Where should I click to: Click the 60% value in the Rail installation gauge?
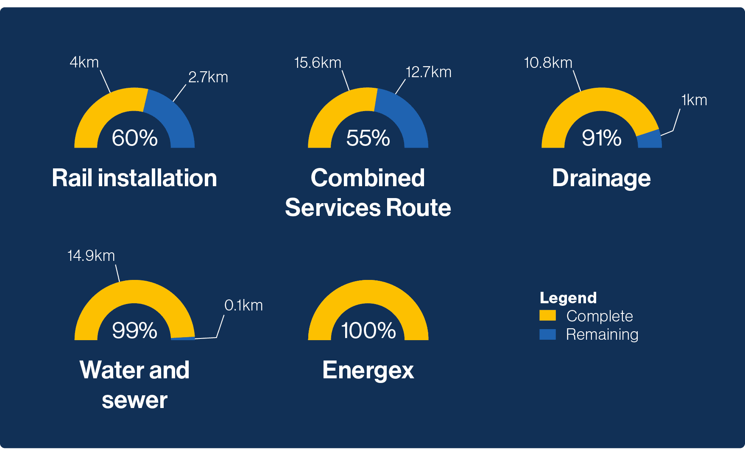tap(134, 138)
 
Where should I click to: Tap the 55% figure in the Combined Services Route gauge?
tap(368, 138)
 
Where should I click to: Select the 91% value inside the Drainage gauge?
tap(602, 138)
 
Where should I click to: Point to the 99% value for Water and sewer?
tap(134, 330)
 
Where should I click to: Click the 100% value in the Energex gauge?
tap(368, 330)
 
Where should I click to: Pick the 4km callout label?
tap(84, 62)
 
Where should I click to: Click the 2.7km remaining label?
tap(208, 77)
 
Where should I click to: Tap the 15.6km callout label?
tap(318, 63)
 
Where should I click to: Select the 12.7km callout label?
tap(428, 72)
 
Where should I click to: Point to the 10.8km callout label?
tap(548, 63)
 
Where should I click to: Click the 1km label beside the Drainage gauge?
tap(694, 100)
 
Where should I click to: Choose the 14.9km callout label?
tap(91, 256)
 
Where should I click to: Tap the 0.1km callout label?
tap(243, 305)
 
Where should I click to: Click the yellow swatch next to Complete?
tap(547, 315)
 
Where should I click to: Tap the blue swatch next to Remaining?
tap(547, 334)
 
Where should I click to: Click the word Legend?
tap(568, 298)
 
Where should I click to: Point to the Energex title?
tap(368, 370)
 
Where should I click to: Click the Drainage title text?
tap(601, 178)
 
